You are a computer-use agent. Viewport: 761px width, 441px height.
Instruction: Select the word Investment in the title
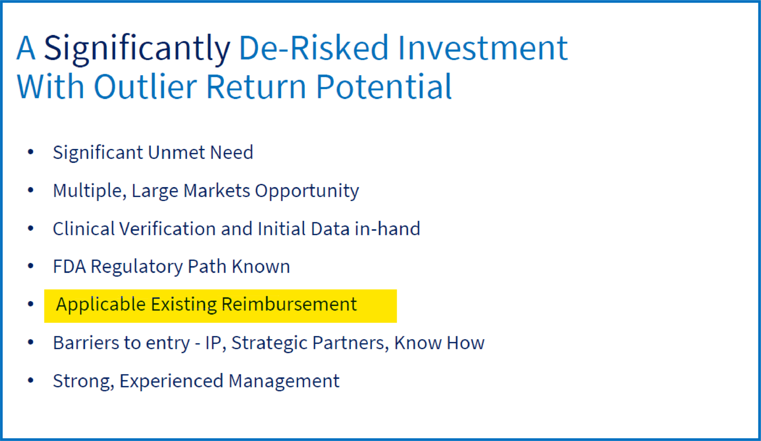point(483,48)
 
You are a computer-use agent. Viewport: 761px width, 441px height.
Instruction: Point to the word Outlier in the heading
point(145,86)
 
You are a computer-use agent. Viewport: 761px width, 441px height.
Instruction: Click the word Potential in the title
point(384,86)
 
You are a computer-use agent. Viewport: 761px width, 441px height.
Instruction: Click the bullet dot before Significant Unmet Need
point(31,152)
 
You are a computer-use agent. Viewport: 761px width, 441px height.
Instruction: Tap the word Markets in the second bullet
point(217,190)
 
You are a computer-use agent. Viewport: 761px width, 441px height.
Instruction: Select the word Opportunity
point(307,191)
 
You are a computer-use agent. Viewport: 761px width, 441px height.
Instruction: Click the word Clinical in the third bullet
point(84,228)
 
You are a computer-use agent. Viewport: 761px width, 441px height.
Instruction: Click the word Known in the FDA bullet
point(261,267)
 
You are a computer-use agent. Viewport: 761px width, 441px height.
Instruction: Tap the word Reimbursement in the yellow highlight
point(289,305)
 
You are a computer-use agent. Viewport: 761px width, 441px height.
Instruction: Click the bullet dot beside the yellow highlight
point(31,304)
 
